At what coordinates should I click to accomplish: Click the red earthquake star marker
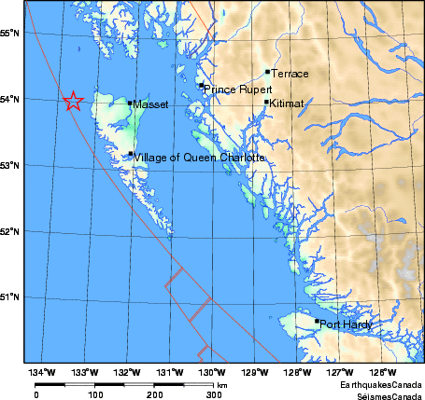pyautogui.click(x=73, y=102)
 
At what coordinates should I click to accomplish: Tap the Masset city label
pyautogui.click(x=150, y=105)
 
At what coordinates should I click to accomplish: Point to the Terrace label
pyautogui.click(x=290, y=73)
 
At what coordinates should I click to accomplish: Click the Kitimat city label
pyautogui.click(x=287, y=104)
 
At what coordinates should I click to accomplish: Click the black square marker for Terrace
pyautogui.click(x=267, y=71)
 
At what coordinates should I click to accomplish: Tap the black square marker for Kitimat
pyautogui.click(x=267, y=103)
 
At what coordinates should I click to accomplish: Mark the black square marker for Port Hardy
pyautogui.click(x=317, y=322)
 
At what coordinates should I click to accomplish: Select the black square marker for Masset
pyautogui.click(x=131, y=103)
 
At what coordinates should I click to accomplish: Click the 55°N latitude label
pyautogui.click(x=11, y=34)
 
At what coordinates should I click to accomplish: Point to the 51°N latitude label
pyautogui.click(x=11, y=297)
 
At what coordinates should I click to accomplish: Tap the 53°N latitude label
pyautogui.click(x=11, y=166)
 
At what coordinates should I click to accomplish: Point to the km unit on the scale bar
pyautogui.click(x=222, y=384)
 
